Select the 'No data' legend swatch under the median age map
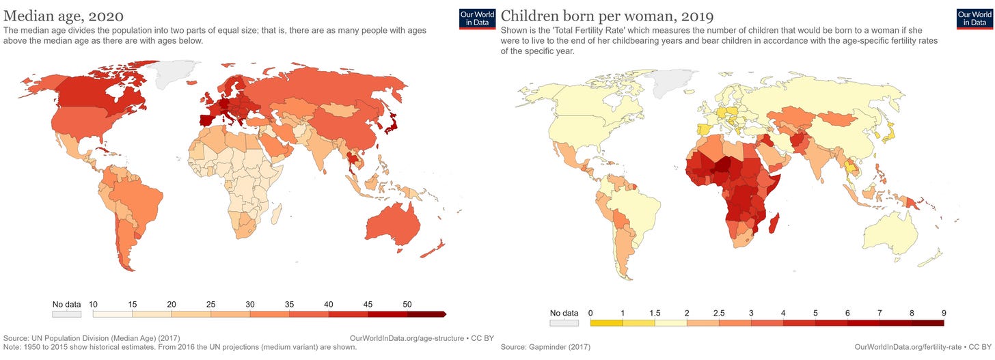[66, 314]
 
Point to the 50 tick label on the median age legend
[407, 304]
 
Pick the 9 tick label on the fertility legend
[943, 313]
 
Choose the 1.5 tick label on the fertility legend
[655, 313]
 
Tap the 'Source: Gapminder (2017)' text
[545, 347]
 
